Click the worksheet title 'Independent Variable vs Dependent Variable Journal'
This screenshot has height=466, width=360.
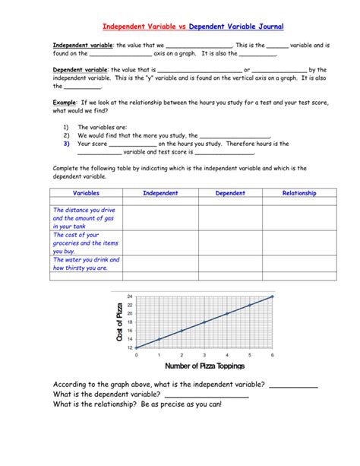click(x=193, y=27)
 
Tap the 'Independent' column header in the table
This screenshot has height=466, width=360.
click(x=160, y=193)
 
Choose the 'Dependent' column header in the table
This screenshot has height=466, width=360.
click(x=230, y=193)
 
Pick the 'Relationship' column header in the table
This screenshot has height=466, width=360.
click(x=299, y=193)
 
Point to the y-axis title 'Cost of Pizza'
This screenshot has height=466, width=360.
click(x=118, y=322)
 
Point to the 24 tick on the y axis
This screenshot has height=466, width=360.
click(x=130, y=296)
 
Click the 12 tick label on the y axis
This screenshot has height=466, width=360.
click(x=130, y=347)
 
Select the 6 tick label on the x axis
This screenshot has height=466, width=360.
click(x=272, y=355)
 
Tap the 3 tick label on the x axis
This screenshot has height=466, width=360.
click(x=204, y=355)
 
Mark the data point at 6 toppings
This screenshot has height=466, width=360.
click(x=272, y=296)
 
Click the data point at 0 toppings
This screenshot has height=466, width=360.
click(x=137, y=347)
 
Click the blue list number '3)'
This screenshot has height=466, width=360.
click(x=67, y=143)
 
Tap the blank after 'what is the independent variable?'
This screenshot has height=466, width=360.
click(x=293, y=385)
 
